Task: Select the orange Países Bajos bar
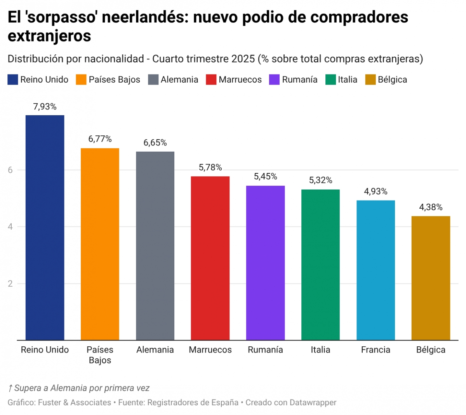100,244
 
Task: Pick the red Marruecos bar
210,258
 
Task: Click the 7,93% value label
45,107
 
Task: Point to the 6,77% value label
100,139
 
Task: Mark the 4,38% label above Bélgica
431,207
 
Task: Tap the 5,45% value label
265,176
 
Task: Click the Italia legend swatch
330,80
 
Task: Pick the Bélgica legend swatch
370,80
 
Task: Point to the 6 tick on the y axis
10,170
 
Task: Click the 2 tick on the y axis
10,284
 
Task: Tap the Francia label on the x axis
376,350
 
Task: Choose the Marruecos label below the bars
210,350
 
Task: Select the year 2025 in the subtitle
243,59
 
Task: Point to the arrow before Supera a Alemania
10,388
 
